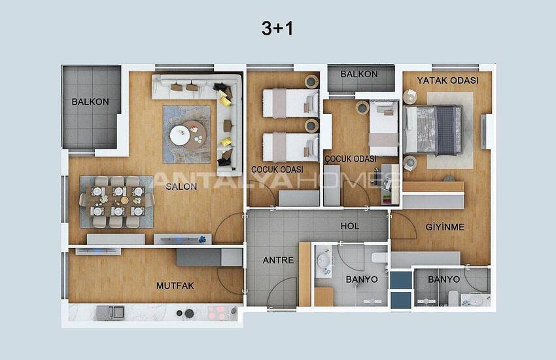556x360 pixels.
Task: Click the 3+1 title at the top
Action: click(x=277, y=27)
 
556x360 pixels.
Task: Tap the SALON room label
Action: click(x=182, y=185)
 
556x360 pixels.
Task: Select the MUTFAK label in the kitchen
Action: click(x=176, y=285)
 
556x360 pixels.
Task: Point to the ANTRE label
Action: click(x=278, y=260)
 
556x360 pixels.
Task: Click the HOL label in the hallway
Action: click(x=350, y=226)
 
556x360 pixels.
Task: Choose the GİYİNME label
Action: click(x=445, y=227)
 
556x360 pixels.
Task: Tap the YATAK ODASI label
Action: click(x=448, y=81)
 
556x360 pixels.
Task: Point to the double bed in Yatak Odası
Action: click(x=434, y=128)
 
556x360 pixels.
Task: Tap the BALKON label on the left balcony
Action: click(x=90, y=101)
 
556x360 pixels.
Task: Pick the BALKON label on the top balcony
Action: click(x=359, y=74)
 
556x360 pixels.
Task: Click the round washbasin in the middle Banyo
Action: click(x=324, y=262)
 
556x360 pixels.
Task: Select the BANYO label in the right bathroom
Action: click(x=443, y=279)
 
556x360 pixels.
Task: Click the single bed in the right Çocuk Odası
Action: click(x=383, y=128)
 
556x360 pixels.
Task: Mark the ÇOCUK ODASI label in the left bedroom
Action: click(x=277, y=169)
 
